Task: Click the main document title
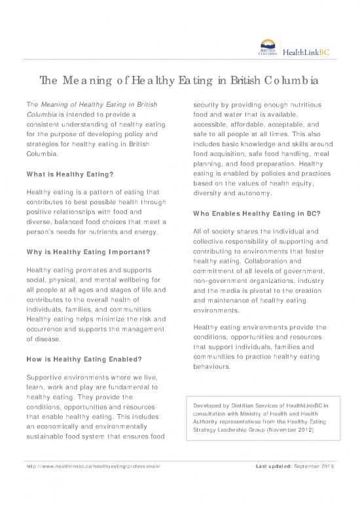coord(179,82)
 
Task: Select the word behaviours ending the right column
coord(219,367)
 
